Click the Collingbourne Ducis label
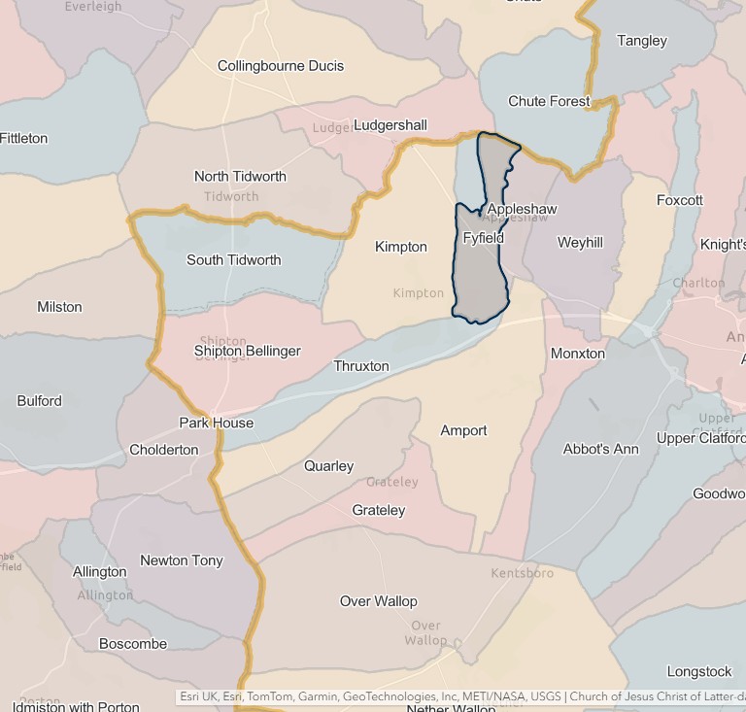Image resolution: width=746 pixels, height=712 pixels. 281,66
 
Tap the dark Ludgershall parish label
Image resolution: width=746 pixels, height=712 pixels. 390,125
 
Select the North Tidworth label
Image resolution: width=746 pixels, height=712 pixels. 240,177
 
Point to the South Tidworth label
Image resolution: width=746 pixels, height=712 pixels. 234,260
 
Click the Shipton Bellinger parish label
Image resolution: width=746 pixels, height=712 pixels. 248,351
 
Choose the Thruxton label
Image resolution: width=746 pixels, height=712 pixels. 361,366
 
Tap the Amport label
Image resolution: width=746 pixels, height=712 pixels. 463,430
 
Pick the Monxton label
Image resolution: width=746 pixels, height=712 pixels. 578,354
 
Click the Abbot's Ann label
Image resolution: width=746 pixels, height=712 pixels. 601,450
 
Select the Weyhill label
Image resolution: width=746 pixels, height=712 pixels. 580,243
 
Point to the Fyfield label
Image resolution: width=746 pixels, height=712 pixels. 484,238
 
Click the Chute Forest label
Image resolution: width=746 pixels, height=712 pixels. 549,101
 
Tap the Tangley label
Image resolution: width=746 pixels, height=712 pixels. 642,41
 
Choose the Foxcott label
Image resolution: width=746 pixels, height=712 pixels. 680,200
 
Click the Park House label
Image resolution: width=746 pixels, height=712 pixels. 217,423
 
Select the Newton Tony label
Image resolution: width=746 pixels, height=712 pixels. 182,560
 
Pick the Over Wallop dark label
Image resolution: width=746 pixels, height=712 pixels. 379,601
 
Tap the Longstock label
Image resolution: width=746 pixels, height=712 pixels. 699,671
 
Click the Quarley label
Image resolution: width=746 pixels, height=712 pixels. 329,466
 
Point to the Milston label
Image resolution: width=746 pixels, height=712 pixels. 59,307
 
